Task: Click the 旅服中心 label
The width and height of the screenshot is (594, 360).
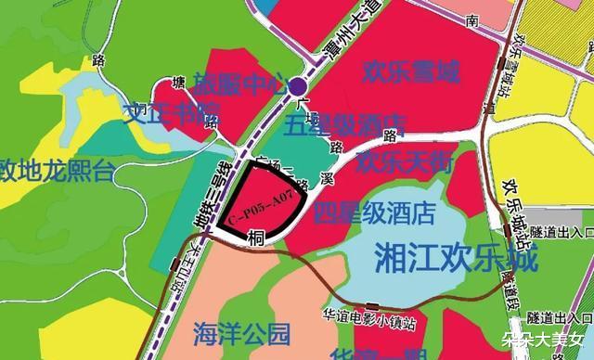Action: point(238,86)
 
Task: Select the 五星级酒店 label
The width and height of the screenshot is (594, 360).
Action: point(346,122)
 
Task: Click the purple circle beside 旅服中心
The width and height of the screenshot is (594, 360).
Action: point(297,88)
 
